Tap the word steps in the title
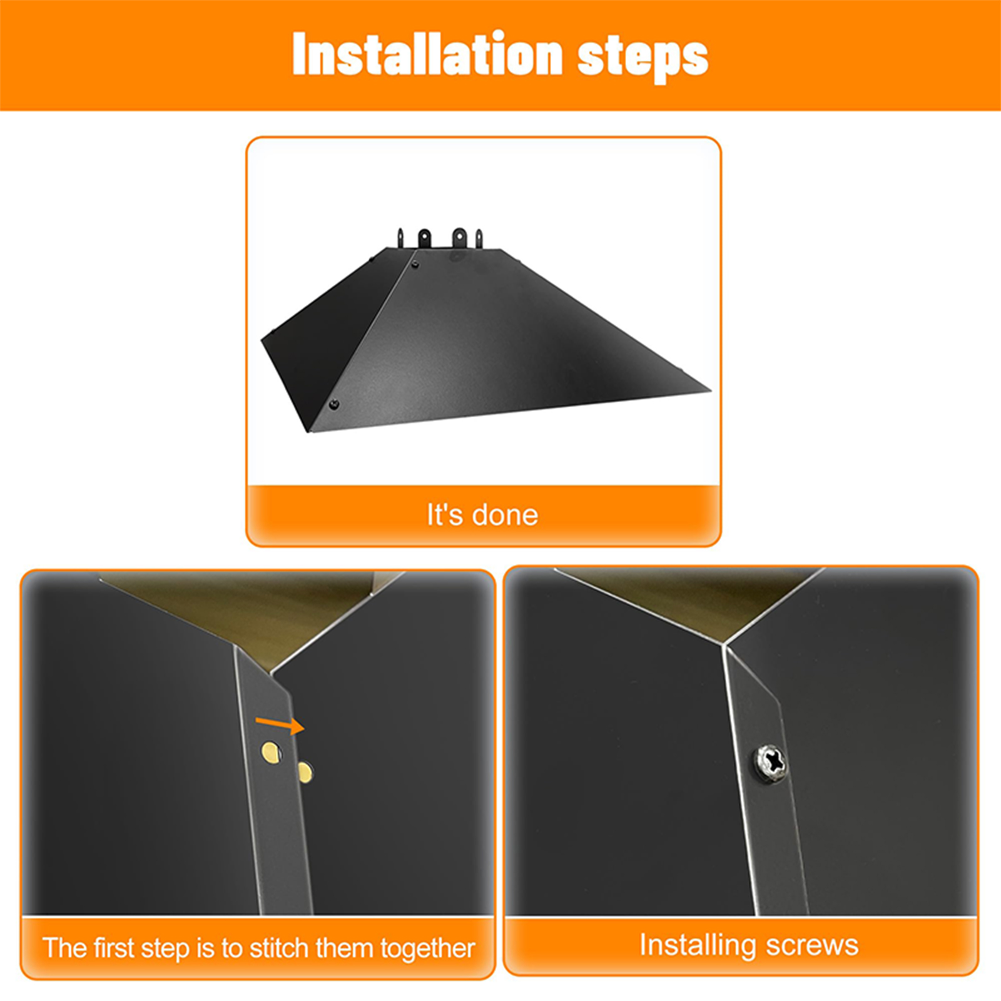point(643,58)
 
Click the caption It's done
point(482,515)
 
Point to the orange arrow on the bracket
point(280,724)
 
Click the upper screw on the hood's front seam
point(415,265)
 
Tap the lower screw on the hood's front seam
point(334,404)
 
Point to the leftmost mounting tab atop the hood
point(400,239)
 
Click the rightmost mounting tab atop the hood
point(479,238)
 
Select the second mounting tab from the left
point(425,238)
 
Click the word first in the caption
point(114,948)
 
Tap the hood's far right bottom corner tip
point(711,391)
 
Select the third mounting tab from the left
point(459,238)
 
